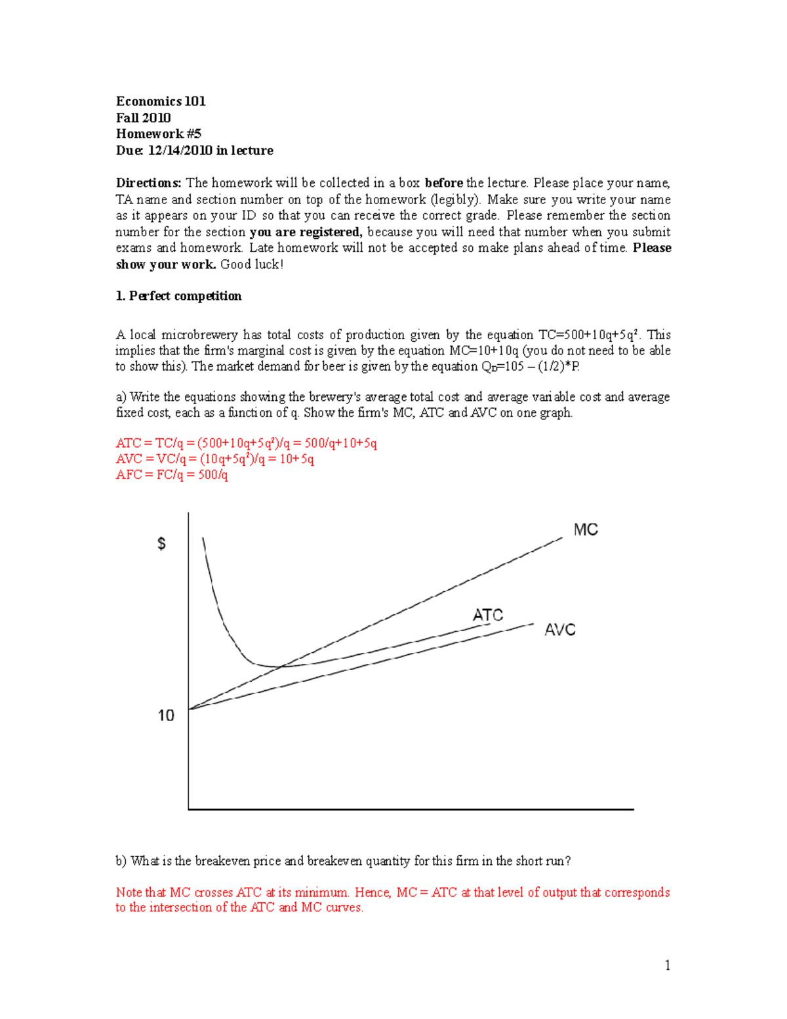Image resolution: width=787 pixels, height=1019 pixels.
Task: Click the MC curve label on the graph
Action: point(585,530)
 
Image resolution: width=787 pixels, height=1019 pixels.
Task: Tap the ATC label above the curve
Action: point(488,615)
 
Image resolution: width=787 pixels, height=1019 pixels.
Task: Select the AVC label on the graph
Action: point(559,630)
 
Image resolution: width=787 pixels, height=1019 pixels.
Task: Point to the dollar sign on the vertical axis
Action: point(161,544)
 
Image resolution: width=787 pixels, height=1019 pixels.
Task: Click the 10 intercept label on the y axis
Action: point(166,715)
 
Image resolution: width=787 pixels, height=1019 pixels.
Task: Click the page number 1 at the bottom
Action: point(667,965)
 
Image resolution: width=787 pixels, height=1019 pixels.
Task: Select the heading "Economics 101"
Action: point(161,101)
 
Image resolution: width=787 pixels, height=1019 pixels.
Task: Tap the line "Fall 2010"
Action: point(143,117)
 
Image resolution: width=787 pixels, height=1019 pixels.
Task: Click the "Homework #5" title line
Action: point(158,134)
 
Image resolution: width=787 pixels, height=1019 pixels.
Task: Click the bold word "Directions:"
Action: point(148,183)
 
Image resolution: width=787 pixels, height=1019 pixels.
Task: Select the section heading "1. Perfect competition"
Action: point(178,296)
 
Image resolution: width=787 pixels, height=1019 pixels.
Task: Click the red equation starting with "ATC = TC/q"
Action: point(246,443)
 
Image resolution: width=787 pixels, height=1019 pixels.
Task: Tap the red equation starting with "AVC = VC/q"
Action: point(214,459)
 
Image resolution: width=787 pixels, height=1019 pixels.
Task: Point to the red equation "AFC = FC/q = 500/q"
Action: point(172,474)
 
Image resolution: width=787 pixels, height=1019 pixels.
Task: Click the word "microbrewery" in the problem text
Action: point(199,335)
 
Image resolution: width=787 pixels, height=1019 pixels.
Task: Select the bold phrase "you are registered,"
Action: point(306,232)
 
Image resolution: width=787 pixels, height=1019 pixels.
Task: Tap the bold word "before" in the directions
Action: point(444,183)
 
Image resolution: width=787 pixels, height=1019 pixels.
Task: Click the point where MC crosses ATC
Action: point(283,665)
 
